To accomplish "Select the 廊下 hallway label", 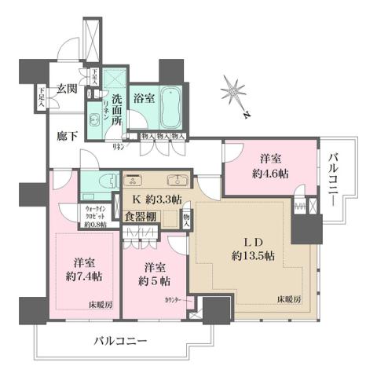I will click(67, 134).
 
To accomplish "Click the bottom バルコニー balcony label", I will click(121, 341).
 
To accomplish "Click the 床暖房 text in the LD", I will click(288, 299).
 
